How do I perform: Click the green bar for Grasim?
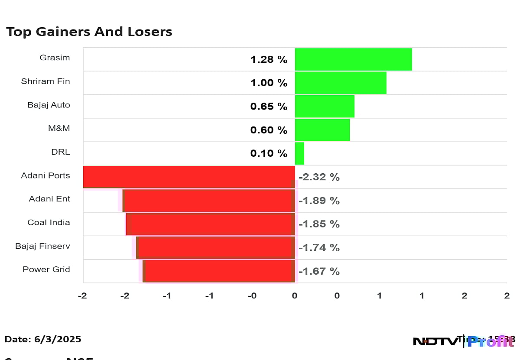[x=353, y=59]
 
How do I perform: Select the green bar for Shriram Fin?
[x=341, y=83]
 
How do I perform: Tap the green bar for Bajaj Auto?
[x=325, y=107]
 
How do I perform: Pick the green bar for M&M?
[x=322, y=130]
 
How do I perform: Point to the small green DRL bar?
[x=299, y=153]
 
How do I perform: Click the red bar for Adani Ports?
[x=189, y=177]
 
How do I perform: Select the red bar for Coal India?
[x=211, y=224]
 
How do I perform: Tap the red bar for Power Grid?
[x=219, y=271]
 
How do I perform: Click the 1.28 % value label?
[x=269, y=60]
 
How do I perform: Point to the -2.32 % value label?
[x=319, y=177]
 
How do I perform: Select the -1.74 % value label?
[x=319, y=248]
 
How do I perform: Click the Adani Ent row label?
[x=49, y=199]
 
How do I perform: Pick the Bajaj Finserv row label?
[x=42, y=246]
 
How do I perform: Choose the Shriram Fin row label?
[x=45, y=81]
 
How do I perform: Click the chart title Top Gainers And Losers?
[x=89, y=32]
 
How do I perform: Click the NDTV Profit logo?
[x=464, y=341]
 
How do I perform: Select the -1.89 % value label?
[x=319, y=201]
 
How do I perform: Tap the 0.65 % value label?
[x=269, y=107]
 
